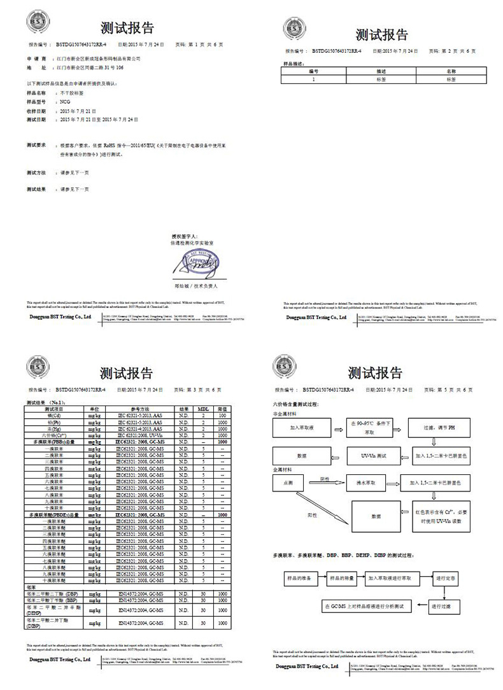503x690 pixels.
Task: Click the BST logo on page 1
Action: (37, 23)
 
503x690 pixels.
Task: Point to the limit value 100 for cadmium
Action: (223, 415)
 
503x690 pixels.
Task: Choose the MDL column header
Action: (202, 409)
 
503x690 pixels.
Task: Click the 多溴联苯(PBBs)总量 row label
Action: (52, 441)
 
